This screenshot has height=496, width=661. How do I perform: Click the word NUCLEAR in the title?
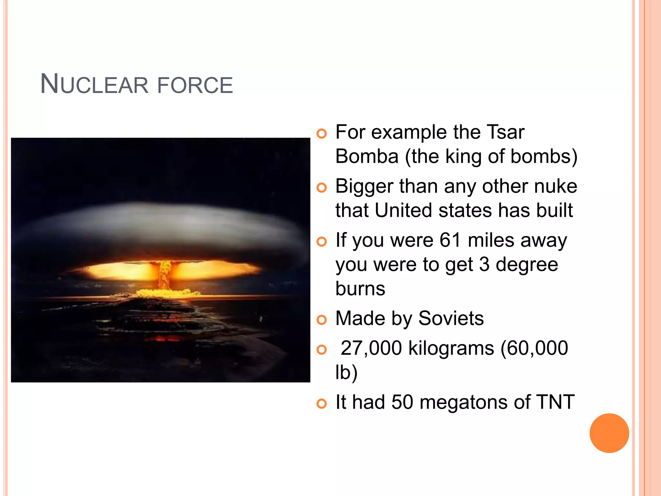(94, 85)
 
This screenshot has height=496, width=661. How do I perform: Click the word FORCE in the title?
(195, 85)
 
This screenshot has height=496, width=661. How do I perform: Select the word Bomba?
(367, 157)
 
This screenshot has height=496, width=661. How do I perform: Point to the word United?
(403, 211)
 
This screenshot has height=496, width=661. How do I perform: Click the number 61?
(450, 240)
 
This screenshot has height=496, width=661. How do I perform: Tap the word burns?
(360, 288)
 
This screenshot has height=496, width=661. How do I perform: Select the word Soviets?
(451, 318)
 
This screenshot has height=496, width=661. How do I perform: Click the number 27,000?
(371, 348)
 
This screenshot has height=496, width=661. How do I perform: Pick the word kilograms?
(451, 348)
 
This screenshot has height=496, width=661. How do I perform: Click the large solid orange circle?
(609, 433)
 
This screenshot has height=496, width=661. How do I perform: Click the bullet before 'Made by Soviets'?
(321, 320)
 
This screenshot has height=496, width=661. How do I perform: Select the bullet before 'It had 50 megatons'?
(321, 404)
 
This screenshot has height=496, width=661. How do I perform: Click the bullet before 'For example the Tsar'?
(321, 133)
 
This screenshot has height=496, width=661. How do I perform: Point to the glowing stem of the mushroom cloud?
(165, 274)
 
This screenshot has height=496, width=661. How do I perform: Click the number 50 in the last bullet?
(402, 402)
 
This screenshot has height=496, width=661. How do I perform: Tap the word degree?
(527, 265)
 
